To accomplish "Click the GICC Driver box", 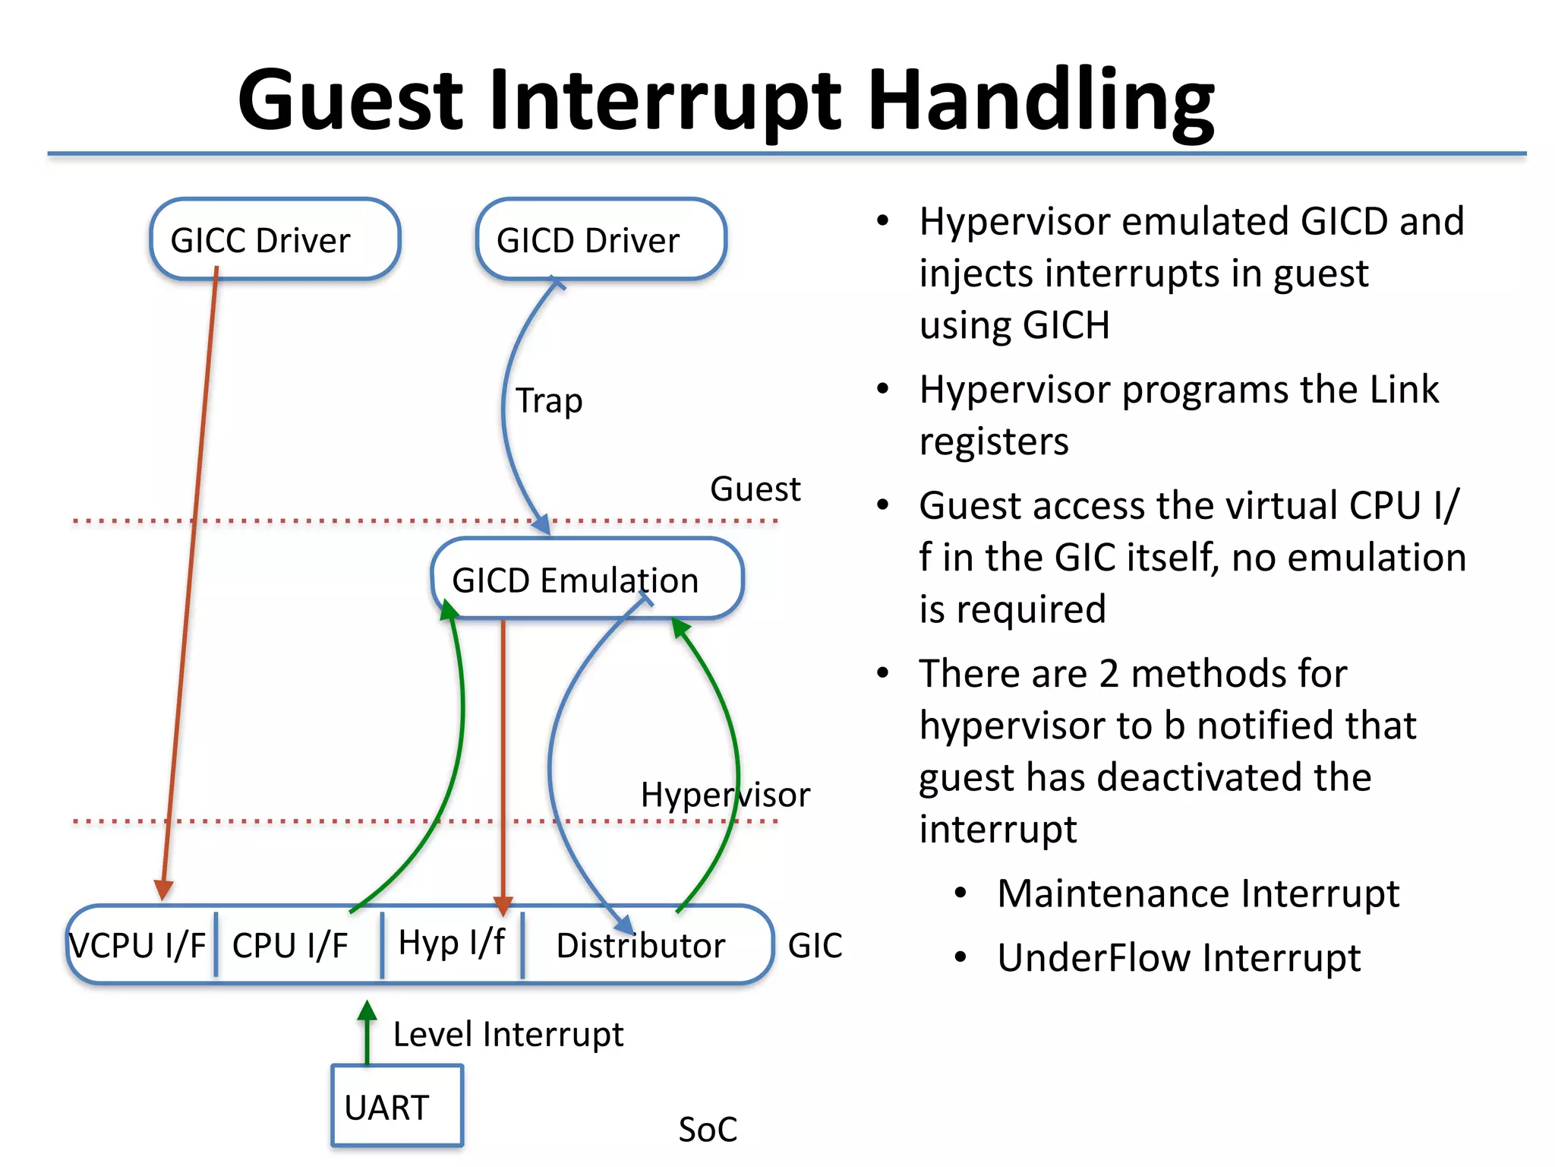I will [x=275, y=240].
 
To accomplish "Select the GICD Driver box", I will [x=601, y=240].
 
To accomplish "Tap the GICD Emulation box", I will [x=586, y=580].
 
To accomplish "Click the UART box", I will [x=396, y=1106].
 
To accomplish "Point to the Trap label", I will [x=549, y=400].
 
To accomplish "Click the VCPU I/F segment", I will [x=138, y=946].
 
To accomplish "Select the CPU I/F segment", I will [x=290, y=946].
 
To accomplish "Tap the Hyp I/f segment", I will [x=452, y=944].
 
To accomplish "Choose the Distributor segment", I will [x=640, y=946].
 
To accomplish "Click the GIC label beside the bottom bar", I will [x=815, y=946].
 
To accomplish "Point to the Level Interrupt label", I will [x=508, y=1035].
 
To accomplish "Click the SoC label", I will [x=708, y=1130].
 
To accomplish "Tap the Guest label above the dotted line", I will [x=755, y=489].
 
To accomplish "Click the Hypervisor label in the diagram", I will [x=725, y=795].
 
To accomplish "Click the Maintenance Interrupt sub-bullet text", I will [x=1197, y=893].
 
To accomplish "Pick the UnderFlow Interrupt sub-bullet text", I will [x=1178, y=957].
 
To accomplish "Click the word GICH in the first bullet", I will [x=1066, y=325].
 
